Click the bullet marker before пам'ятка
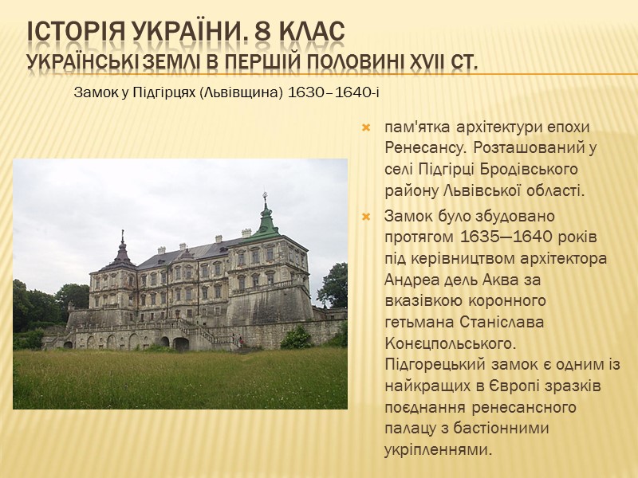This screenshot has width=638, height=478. (367, 127)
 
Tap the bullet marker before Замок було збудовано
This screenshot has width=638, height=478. (367, 217)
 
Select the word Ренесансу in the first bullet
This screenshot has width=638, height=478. (423, 148)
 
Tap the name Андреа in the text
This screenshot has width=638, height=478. (415, 280)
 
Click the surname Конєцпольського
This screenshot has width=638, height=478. (450, 343)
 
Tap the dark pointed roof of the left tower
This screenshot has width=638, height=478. (122, 253)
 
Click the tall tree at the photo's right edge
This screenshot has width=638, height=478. (334, 283)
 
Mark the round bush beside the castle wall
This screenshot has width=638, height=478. (297, 338)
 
